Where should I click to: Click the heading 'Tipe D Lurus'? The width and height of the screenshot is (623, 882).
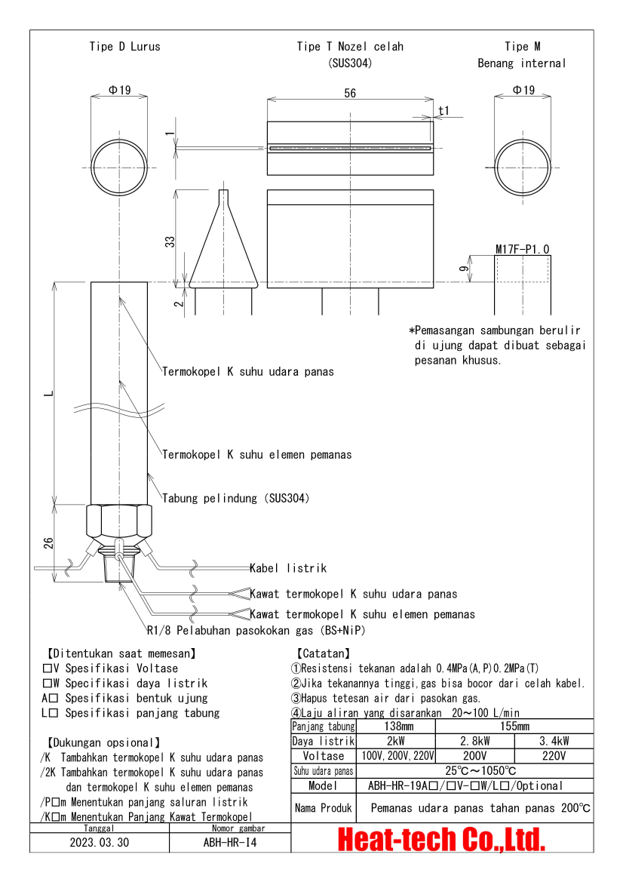[x=124, y=47]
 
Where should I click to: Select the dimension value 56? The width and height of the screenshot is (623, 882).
[x=349, y=93]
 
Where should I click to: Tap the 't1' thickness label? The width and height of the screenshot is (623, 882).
[x=443, y=110]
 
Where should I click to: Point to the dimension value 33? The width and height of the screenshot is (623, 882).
[x=170, y=241]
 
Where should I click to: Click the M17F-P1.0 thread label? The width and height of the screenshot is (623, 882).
[x=522, y=249]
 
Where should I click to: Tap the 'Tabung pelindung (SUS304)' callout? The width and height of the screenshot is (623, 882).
[x=235, y=499]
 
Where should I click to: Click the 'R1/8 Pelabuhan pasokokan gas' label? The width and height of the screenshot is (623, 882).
[x=259, y=630]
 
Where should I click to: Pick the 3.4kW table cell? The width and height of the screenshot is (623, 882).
[x=554, y=741]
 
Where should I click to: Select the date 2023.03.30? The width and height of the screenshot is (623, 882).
[x=100, y=842]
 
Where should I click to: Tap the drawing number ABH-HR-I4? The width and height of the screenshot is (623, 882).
[x=230, y=842]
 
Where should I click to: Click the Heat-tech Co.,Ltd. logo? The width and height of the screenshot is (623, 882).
[x=441, y=838]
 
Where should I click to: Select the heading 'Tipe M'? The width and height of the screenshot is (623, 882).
[x=522, y=47]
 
